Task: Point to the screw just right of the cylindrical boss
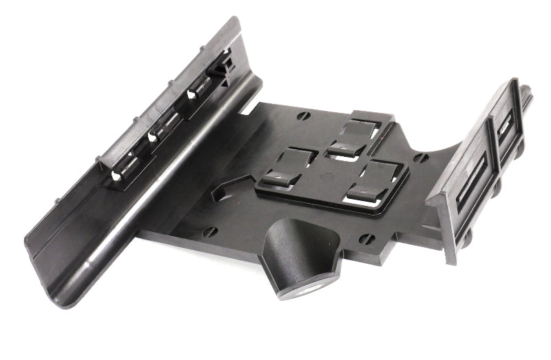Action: pyautogui.click(x=368, y=239)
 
